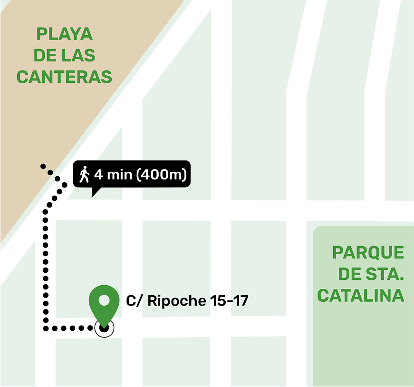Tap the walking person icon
(85, 175)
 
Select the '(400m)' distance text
(161, 175)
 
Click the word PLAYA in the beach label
(64, 34)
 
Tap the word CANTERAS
(64, 77)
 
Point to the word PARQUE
(368, 253)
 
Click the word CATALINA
(361, 295)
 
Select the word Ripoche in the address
(177, 301)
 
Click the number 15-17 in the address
(229, 301)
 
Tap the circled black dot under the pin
(104, 327)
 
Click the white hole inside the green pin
(104, 300)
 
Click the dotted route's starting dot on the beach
(43, 166)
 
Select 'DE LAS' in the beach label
(64, 56)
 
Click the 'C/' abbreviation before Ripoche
(134, 301)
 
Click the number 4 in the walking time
(98, 175)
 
